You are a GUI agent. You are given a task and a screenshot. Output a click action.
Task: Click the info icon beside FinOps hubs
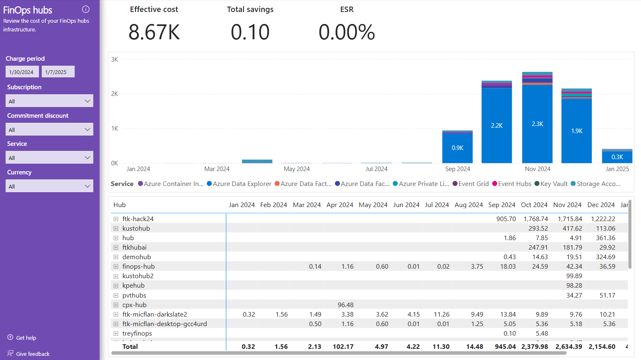86,9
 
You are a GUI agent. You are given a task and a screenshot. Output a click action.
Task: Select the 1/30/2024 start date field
22,72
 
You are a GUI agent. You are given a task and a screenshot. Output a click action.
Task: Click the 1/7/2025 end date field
58,72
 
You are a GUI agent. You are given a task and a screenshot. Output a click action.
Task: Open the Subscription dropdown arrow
87,101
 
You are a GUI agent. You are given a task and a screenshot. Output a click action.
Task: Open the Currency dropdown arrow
87,186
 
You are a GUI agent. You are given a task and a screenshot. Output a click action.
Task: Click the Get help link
26,338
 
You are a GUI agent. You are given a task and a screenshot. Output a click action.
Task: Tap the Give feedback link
33,354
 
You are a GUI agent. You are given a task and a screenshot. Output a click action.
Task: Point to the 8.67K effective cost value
154,32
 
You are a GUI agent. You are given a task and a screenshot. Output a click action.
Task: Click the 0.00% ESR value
347,32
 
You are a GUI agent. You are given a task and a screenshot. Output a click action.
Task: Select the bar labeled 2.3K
537,124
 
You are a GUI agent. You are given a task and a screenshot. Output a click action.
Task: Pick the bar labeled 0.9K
458,148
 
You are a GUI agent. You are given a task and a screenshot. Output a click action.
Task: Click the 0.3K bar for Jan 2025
617,157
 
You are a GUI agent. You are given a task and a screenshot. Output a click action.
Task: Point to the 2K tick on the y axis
114,94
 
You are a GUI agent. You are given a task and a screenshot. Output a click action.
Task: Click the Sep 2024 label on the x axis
458,169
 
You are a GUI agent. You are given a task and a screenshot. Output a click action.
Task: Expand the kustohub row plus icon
116,229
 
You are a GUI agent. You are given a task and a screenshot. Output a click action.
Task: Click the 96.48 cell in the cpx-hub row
345,305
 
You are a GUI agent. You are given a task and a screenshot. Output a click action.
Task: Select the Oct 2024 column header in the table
534,205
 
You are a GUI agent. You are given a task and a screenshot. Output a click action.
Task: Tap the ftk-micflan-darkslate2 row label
154,315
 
